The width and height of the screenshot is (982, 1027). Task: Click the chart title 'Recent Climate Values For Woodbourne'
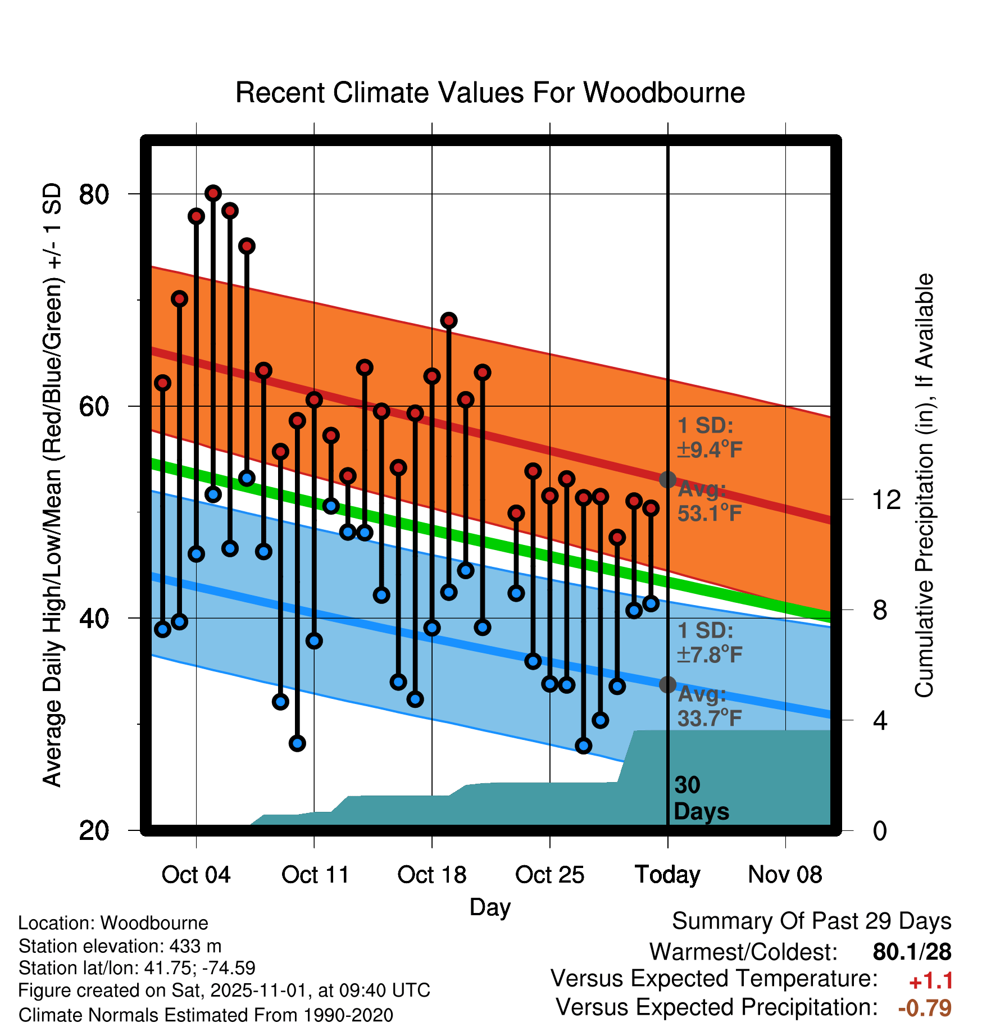click(490, 93)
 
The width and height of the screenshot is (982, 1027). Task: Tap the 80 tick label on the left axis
click(94, 194)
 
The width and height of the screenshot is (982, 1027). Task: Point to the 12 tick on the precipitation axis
click(886, 499)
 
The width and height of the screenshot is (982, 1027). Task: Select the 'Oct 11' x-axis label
click(315, 875)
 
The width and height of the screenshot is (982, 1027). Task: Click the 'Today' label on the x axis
click(667, 875)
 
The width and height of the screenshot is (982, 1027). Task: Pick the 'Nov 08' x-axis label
click(785, 875)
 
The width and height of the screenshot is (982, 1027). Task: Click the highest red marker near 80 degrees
click(213, 193)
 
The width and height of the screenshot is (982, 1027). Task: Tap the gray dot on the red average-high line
click(667, 479)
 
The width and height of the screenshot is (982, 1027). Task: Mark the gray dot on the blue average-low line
click(667, 684)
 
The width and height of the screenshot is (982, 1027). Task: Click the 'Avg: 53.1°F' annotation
click(709, 501)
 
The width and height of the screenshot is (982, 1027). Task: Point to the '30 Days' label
click(701, 798)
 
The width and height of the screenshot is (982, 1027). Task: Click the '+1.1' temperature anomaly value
click(931, 981)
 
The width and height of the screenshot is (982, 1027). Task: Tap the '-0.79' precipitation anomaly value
click(925, 1008)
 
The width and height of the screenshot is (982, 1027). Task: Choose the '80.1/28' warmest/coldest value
click(912, 952)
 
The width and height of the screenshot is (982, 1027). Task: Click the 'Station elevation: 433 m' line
click(120, 946)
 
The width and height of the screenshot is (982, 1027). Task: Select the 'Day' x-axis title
click(490, 907)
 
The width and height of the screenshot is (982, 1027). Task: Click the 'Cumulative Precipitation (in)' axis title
click(924, 485)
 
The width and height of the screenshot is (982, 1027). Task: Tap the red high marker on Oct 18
click(432, 376)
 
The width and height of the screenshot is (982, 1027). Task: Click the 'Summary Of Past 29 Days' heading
click(811, 921)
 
